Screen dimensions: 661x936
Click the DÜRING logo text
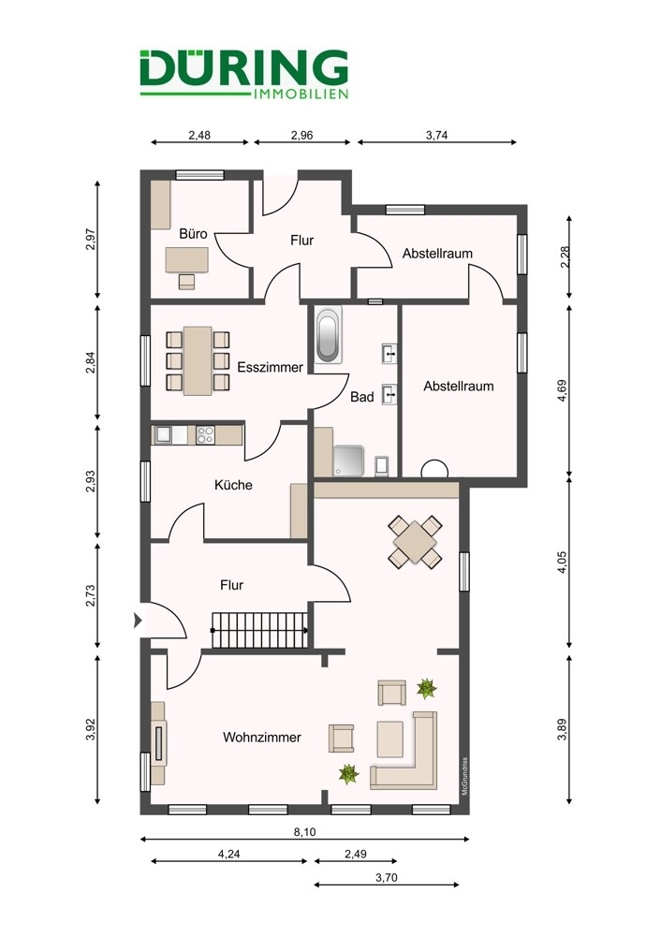coord(244,67)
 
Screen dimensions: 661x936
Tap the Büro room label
coord(194,233)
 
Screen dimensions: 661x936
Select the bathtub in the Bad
coord(328,334)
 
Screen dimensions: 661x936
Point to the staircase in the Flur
coord(259,630)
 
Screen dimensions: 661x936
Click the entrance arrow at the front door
coord(138,621)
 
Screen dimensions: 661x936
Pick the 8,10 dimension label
coord(304,831)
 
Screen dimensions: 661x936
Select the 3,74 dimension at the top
coord(436,135)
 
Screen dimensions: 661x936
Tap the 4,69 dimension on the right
coord(562,391)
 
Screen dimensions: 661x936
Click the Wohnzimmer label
coord(261,737)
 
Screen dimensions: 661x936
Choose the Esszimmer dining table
coord(198,360)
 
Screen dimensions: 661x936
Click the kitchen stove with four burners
coord(205,434)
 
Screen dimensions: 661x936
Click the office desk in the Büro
coord(187,259)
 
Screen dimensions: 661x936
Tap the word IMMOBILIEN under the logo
coord(301,94)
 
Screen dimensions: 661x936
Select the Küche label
coord(233,485)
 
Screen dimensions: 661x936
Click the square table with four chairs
coord(415,541)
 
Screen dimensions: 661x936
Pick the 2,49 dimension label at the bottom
coord(355,854)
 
